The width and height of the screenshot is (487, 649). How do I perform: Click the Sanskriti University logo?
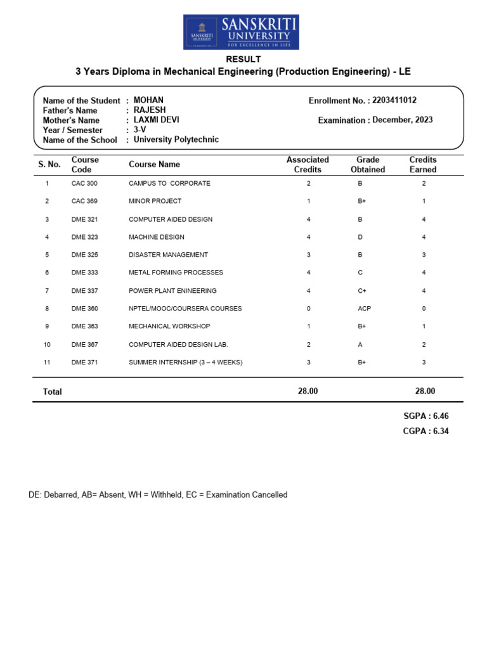[x=241, y=32]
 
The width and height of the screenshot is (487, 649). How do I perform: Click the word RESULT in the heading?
[x=243, y=60]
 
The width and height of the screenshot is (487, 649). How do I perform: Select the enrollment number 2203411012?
[x=394, y=100]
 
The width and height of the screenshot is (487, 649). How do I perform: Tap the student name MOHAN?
[x=148, y=100]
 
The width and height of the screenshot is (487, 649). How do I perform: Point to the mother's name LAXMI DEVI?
[x=156, y=120]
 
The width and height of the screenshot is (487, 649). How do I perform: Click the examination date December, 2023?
[x=403, y=120]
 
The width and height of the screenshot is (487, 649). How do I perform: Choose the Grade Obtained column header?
[x=368, y=165]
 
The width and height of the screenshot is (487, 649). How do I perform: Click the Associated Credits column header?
[x=308, y=165]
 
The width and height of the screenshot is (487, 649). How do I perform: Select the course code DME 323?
[x=84, y=237]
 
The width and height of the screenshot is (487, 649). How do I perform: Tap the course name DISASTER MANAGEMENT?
[x=168, y=255]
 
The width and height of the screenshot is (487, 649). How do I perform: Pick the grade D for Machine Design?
[x=360, y=237]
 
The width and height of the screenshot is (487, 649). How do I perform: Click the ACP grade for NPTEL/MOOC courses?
[x=364, y=309]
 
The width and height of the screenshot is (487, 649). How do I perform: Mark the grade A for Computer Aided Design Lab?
[x=360, y=344]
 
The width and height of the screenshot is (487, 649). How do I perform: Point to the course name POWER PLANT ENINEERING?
[x=172, y=291]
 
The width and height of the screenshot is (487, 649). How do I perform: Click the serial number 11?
[x=47, y=362]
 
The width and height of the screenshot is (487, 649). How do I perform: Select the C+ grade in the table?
[x=362, y=291]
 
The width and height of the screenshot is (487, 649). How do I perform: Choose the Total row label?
[x=52, y=392]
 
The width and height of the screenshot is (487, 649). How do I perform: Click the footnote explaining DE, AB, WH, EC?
[x=158, y=494]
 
